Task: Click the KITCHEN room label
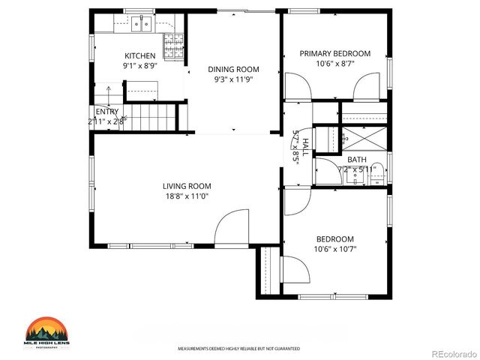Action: point(140,55)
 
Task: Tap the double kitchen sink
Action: point(140,25)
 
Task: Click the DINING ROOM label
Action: point(233,69)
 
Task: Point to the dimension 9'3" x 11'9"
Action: point(233,79)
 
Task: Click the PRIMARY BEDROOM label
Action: point(335,53)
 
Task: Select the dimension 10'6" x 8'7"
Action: point(335,64)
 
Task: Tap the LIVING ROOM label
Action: point(187,186)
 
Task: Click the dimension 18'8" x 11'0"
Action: point(187,196)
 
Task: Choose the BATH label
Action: point(356,159)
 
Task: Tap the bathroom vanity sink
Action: point(327,172)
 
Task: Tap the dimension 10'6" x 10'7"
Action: point(334,249)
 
